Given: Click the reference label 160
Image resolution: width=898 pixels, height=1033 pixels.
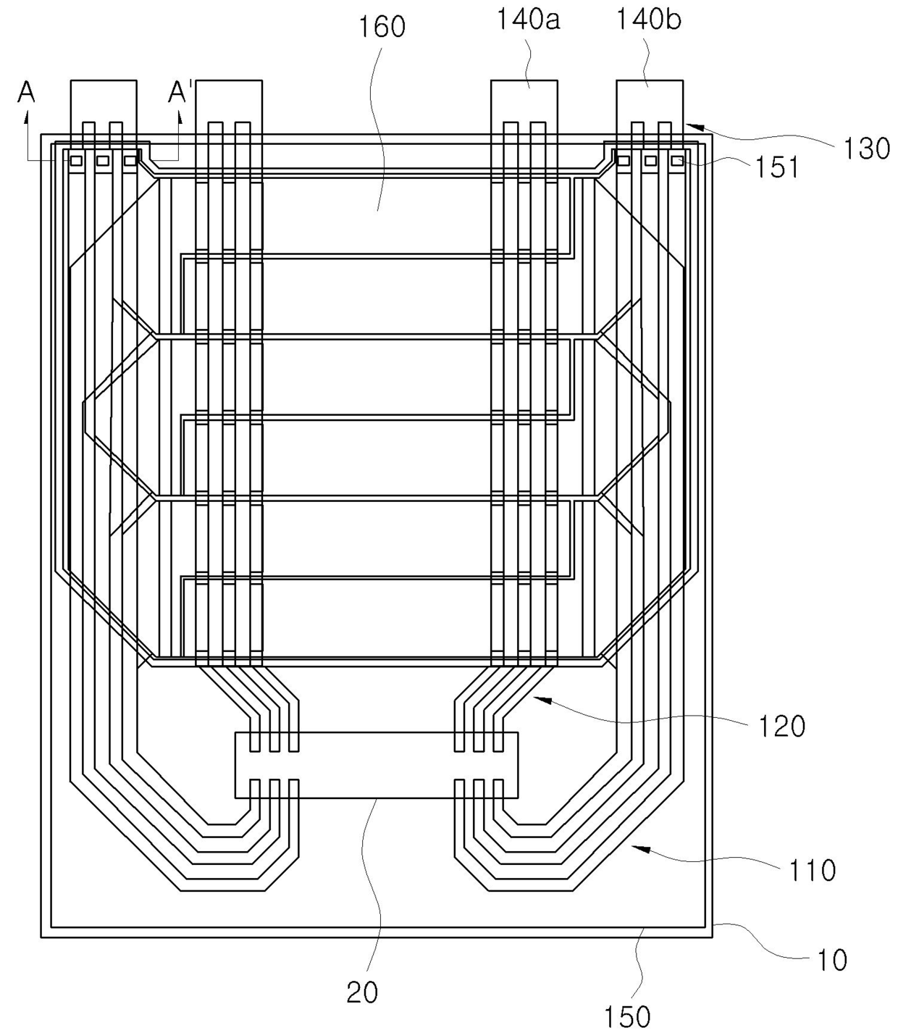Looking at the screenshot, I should pyautogui.click(x=382, y=27).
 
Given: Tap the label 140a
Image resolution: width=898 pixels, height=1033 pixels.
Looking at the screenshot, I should pyautogui.click(x=527, y=20).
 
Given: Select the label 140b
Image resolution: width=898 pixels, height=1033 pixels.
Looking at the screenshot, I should pyautogui.click(x=648, y=20).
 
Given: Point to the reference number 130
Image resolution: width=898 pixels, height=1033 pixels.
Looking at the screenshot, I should pyautogui.click(x=866, y=149).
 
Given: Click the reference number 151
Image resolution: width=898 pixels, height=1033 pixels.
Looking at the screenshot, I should pyautogui.click(x=776, y=167).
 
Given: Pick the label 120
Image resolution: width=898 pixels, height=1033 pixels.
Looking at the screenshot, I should pyautogui.click(x=781, y=725).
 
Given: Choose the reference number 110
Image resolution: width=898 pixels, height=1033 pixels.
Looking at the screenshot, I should pyautogui.click(x=812, y=869).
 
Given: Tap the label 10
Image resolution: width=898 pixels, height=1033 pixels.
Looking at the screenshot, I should pyautogui.click(x=832, y=960).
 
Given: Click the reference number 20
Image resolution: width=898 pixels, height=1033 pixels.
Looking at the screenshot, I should pyautogui.click(x=362, y=992).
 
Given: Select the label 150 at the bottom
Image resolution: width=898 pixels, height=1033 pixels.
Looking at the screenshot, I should pyautogui.click(x=627, y=1017).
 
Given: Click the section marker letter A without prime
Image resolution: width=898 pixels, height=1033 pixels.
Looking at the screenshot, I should pyautogui.click(x=27, y=92).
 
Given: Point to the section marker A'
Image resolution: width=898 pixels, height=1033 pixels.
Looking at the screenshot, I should pyautogui.click(x=180, y=92).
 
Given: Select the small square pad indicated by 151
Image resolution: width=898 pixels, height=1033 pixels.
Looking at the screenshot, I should pyautogui.click(x=677, y=160).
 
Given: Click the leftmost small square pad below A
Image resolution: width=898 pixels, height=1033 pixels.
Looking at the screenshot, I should pyautogui.click(x=76, y=160).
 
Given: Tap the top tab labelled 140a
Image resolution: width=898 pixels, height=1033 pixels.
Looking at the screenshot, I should pyautogui.click(x=524, y=101).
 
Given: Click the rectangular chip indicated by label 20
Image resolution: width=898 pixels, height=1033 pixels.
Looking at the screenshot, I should pyautogui.click(x=377, y=765).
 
